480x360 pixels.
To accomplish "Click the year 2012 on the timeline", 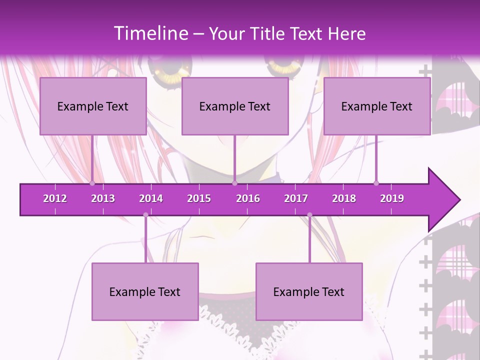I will point(55,198).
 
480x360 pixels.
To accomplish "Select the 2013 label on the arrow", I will point(103,198).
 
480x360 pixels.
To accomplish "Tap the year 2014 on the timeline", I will point(151,198).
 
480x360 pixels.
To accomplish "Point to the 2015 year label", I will point(199,198).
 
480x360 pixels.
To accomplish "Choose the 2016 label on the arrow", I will point(248,198).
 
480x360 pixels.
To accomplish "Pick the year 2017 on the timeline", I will point(296,198).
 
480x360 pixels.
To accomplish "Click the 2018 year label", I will point(344,198).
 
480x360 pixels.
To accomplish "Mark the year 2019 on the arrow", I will point(392,198).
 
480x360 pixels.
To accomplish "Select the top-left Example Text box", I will point(93,106).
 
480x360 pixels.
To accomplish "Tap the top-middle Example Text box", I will point(235,106).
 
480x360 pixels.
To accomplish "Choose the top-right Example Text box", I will point(377,106).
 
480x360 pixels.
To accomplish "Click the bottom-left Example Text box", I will point(145,291).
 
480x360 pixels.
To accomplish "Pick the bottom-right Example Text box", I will point(309,291).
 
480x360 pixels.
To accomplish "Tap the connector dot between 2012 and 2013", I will point(92,183).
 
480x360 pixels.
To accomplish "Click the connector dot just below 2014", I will point(145,215).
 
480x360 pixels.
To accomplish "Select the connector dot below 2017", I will point(309,215).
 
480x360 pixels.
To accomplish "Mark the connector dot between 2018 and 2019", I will point(376,183).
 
